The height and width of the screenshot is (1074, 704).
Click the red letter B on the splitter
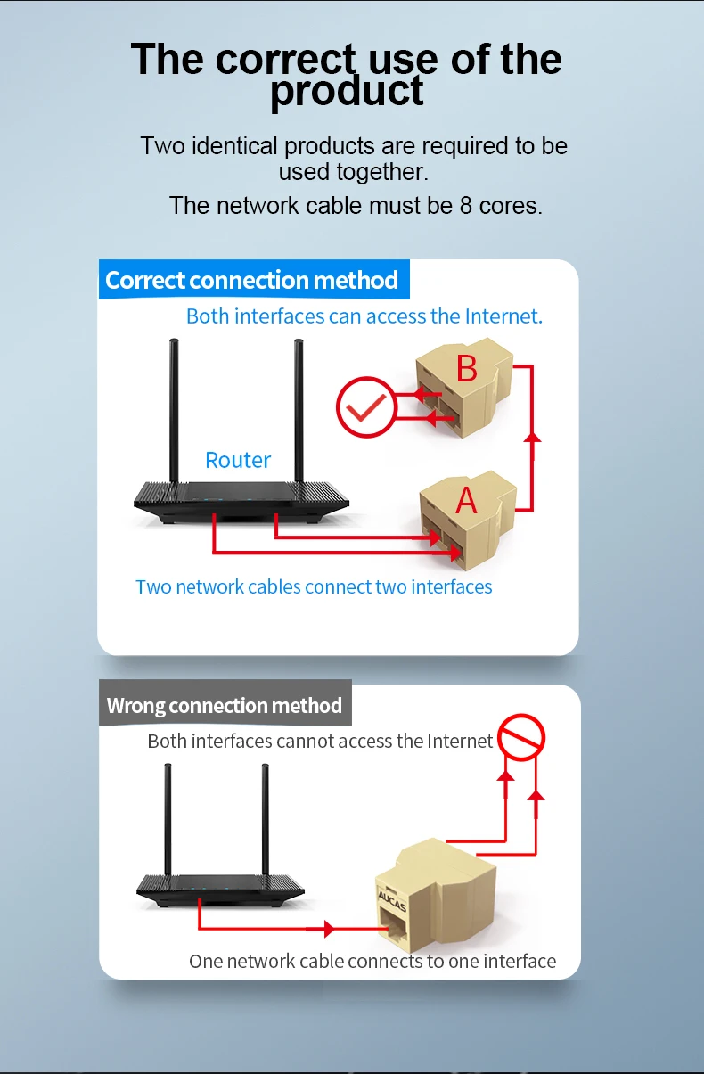pos(467,369)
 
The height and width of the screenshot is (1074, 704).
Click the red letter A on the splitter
pos(466,501)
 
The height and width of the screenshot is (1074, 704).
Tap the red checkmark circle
pos(364,408)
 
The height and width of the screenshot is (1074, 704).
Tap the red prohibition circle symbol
pos(521,738)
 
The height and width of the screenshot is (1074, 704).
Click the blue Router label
pos(238,460)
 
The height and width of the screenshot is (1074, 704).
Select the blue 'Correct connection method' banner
pos(252,280)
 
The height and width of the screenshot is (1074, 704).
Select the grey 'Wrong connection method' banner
pos(225,706)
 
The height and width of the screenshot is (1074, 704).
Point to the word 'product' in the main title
pos(347,92)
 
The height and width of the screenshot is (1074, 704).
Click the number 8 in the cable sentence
pos(465,206)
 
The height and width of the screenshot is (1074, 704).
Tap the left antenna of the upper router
pos(175,410)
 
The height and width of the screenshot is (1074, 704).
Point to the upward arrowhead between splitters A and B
pos(532,436)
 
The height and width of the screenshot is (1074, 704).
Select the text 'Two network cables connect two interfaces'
pos(314,586)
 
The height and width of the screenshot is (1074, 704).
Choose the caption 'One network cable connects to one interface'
pos(372,961)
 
